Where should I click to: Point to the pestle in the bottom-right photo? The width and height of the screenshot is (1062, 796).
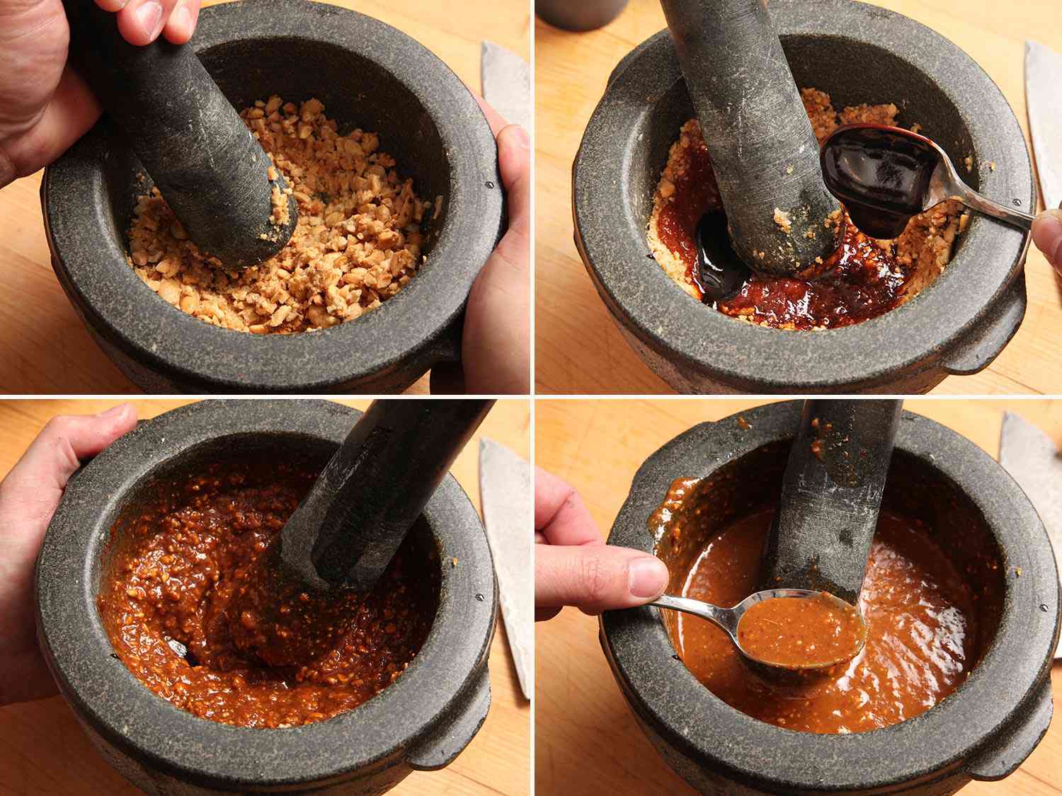pyautogui.click(x=835, y=495)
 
